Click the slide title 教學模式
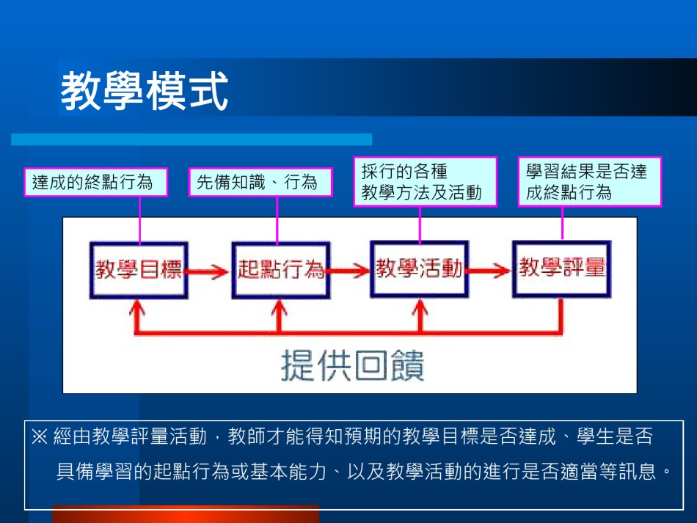pos(145,91)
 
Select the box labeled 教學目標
pos(139,270)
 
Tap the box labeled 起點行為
pos(281,270)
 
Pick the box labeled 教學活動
pos(420,268)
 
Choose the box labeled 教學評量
pos(562,268)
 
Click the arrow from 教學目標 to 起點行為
pos(208,271)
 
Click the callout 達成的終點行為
pos(95,182)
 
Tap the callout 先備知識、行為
pos(260,182)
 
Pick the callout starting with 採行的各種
pos(425,182)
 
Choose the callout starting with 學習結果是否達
pos(590,182)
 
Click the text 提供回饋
pos(352,365)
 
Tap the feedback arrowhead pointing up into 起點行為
pos(279,307)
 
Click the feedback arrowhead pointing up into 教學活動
pos(420,307)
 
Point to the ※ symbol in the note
pos(40,436)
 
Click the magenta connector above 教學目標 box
pos(140,219)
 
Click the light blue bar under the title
pos(191,139)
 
